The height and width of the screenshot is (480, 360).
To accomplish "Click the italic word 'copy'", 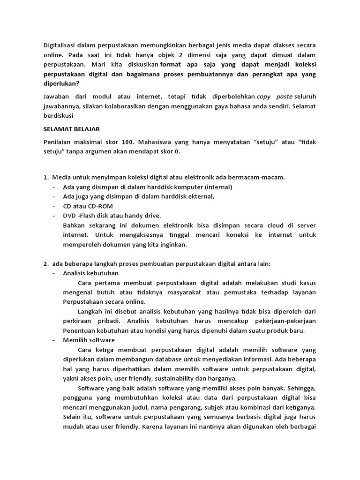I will pyautogui.click(x=263, y=97).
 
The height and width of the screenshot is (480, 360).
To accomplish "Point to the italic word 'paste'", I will pyautogui.click(x=284, y=97).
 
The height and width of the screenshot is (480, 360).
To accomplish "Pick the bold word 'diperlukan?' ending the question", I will pyautogui.click(x=61, y=83).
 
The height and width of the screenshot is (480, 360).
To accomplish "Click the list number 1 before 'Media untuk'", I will pyautogui.click(x=45, y=177).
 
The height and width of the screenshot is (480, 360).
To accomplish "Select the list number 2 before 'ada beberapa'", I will pyautogui.click(x=45, y=263).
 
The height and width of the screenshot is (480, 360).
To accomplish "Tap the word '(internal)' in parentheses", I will pyautogui.click(x=214, y=187).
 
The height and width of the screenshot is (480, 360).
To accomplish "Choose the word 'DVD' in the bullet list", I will pyautogui.click(x=70, y=215).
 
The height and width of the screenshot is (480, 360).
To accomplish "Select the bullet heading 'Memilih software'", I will pyautogui.click(x=89, y=340).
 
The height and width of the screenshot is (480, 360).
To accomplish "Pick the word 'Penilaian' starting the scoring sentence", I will pyautogui.click(x=59, y=142).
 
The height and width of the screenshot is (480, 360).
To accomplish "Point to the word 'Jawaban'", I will pyautogui.click(x=57, y=97).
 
